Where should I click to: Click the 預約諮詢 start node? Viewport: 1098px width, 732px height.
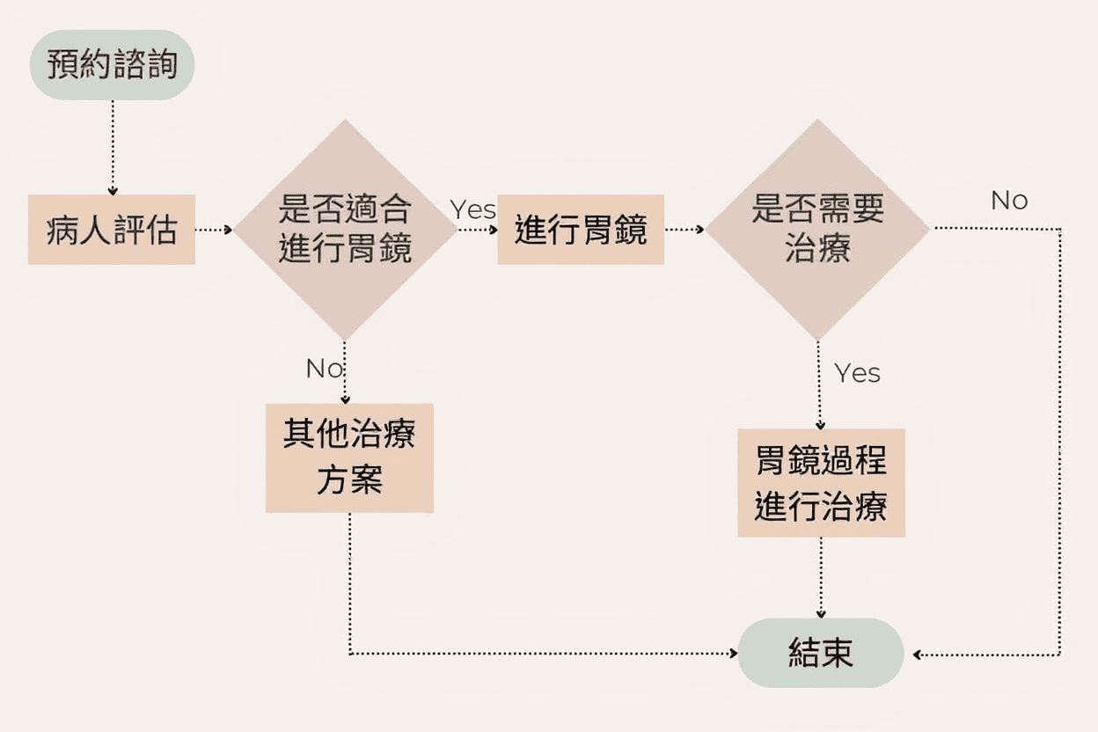[112, 65]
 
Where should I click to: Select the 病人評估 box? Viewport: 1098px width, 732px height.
[112, 230]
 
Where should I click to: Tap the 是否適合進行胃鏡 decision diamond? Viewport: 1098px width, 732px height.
[345, 230]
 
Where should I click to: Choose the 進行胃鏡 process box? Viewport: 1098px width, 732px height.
[581, 230]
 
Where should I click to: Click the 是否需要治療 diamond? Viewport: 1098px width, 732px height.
[817, 230]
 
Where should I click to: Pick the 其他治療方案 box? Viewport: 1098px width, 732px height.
[349, 457]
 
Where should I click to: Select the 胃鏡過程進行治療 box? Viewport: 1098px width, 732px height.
[821, 482]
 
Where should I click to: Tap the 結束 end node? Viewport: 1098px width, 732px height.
[821, 654]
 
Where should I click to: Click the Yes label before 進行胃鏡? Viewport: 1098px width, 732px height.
[473, 209]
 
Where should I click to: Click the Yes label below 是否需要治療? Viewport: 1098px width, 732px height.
[857, 373]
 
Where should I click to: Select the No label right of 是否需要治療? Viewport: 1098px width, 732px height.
[1009, 201]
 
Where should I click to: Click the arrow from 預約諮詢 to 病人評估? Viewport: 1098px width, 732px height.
[113, 146]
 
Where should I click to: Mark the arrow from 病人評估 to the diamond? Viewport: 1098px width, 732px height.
[213, 230]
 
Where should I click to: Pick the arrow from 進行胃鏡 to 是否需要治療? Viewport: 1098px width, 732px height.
[684, 230]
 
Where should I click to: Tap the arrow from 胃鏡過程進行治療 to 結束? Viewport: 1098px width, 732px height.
[821, 576]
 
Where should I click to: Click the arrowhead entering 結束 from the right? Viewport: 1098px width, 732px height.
[917, 655]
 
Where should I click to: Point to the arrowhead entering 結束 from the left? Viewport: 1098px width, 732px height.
[733, 654]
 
